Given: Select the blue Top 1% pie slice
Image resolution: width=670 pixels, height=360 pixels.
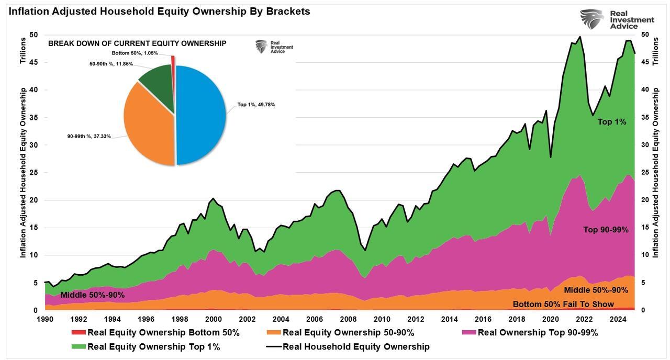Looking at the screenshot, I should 202,115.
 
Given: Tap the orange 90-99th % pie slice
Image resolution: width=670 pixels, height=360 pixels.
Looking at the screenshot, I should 149,126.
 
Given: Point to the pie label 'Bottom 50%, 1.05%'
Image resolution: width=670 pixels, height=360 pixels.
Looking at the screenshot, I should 135,53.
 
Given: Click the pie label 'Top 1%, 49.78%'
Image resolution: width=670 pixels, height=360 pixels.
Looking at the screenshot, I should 256,105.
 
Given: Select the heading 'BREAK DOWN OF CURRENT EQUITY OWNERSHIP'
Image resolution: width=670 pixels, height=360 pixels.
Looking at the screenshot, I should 137,43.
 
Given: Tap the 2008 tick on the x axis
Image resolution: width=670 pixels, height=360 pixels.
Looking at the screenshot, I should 348,319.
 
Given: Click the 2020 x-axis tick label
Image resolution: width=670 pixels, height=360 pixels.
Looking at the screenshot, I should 550,319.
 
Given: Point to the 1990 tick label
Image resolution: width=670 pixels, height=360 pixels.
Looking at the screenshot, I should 45,319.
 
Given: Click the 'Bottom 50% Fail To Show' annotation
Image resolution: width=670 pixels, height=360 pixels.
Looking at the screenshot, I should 563,304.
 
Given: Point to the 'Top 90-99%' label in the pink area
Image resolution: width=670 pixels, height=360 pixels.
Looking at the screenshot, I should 606,230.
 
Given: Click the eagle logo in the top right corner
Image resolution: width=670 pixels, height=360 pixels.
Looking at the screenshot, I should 591,19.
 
